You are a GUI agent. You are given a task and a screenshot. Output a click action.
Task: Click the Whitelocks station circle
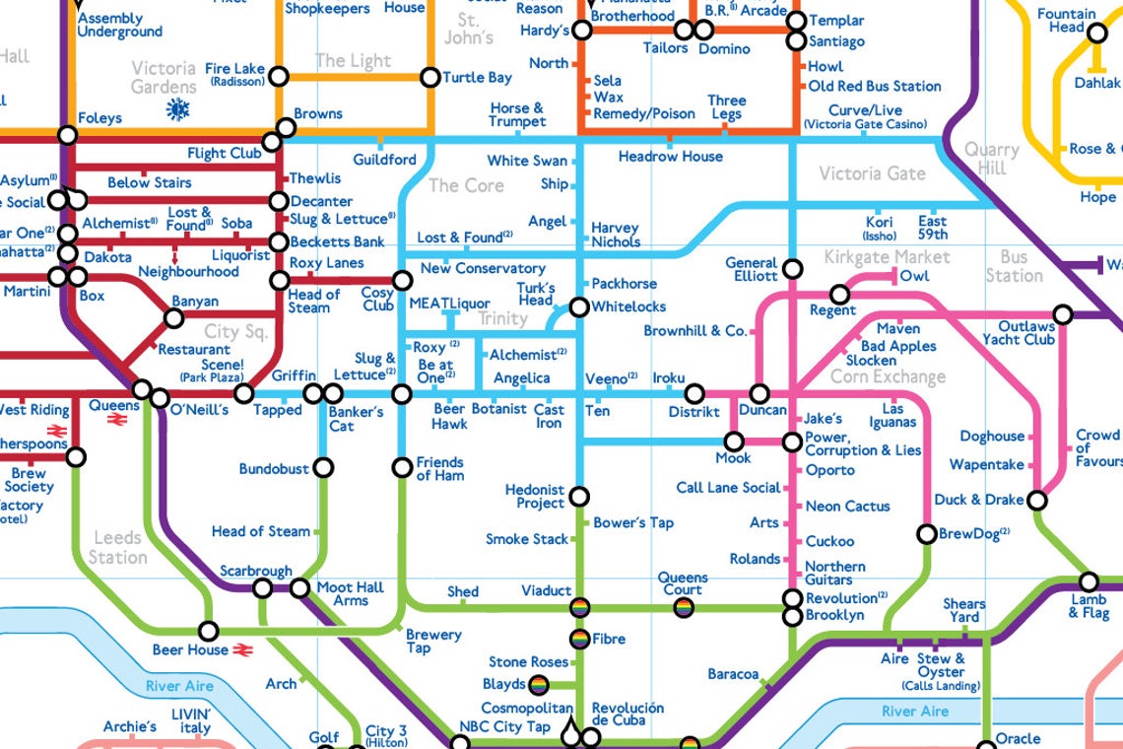579,307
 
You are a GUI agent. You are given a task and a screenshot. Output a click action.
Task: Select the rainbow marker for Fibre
579,639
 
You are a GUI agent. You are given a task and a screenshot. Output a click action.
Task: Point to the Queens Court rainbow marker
683,608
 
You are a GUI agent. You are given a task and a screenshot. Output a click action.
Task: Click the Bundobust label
273,469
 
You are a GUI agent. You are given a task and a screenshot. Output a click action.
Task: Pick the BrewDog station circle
926,534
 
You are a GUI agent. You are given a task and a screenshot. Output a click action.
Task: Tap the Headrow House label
670,157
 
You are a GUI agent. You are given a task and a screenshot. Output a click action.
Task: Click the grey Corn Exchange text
887,377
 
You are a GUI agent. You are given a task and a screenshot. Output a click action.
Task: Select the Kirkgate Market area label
888,257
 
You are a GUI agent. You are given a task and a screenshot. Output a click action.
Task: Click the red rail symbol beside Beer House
245,650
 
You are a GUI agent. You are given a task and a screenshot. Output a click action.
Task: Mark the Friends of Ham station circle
402,467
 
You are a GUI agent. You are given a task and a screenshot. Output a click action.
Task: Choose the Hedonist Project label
535,497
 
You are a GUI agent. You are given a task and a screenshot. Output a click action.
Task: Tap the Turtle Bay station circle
429,77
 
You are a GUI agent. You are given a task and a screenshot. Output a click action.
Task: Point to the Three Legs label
726,107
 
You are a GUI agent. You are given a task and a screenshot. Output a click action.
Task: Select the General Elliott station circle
792,269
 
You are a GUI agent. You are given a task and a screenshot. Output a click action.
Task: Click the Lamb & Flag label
1089,606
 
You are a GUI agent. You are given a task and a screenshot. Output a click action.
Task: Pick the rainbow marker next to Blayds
539,684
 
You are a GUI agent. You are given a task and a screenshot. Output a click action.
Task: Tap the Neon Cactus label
847,507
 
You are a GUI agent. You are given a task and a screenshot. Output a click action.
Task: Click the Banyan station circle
173,317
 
